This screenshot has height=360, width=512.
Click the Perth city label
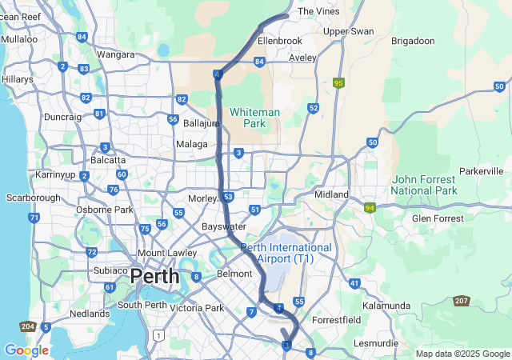pyautogui.click(x=155, y=277)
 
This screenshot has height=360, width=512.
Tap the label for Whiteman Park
pyautogui.click(x=254, y=118)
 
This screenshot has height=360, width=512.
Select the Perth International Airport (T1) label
pyautogui.click(x=286, y=254)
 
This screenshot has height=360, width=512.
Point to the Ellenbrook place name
pyautogui.click(x=280, y=40)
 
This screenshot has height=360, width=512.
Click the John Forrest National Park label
pyautogui.click(x=424, y=186)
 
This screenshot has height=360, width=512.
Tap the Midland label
pyautogui.click(x=331, y=194)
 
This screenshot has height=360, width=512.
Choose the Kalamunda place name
pyautogui.click(x=386, y=306)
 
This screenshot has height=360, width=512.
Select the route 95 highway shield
pyautogui.click(x=339, y=82)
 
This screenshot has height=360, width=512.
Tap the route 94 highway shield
pyautogui.click(x=370, y=208)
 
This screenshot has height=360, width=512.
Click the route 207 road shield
pyautogui.click(x=462, y=301)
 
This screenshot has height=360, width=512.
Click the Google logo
pyautogui.click(x=26, y=350)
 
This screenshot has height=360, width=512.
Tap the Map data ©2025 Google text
pyautogui.click(x=462, y=354)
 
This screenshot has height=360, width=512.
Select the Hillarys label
pyautogui.click(x=17, y=80)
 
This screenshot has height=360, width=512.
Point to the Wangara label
pyautogui.click(x=115, y=55)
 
